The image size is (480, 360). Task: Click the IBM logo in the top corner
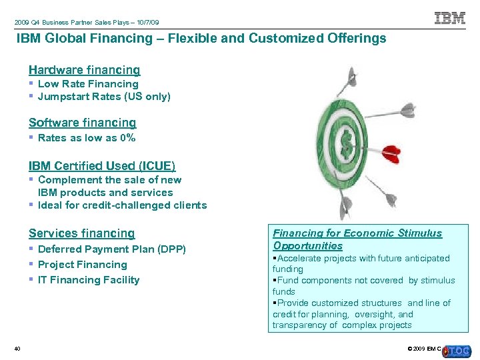click(450, 18)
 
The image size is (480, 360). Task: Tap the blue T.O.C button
click(459, 351)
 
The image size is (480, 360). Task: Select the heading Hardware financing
click(84, 70)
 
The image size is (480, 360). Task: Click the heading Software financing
click(82, 123)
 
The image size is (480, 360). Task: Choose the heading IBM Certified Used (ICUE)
click(102, 166)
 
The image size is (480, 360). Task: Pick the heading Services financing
click(81, 233)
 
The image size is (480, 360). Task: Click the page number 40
click(17, 349)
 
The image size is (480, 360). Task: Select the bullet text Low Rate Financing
click(88, 84)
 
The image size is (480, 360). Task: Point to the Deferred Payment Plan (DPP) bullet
click(112, 249)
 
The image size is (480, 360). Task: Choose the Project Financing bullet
click(82, 265)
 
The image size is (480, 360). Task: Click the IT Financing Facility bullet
click(89, 280)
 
